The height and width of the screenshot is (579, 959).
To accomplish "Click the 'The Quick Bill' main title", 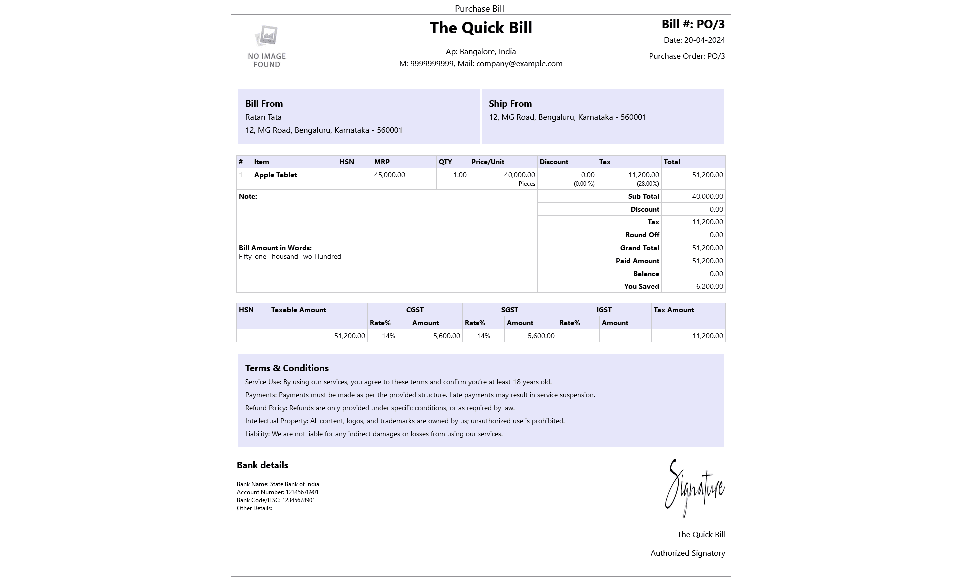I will pyautogui.click(x=480, y=28).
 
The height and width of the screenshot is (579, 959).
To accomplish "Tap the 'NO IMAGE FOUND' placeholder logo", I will pyautogui.click(x=267, y=47).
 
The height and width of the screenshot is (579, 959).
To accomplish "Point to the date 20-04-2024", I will pyautogui.click(x=704, y=40).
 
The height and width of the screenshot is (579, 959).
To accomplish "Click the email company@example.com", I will pyautogui.click(x=519, y=64).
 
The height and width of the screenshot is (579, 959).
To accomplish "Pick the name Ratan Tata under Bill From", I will pyautogui.click(x=263, y=117).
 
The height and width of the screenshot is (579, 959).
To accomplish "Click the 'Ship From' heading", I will pyautogui.click(x=510, y=104).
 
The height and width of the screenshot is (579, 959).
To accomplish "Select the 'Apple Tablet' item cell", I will pyautogui.click(x=275, y=175).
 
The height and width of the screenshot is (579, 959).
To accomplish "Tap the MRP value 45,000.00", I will pyautogui.click(x=389, y=175).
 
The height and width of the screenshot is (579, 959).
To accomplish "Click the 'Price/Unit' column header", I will pyautogui.click(x=487, y=162).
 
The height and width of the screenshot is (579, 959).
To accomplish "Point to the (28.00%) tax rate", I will pyautogui.click(x=648, y=184).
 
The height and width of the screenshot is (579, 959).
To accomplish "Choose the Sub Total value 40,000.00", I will pyautogui.click(x=707, y=197).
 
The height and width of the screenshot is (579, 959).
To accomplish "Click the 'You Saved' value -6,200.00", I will pyautogui.click(x=708, y=287).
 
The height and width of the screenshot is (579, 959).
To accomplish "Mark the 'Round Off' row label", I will pyautogui.click(x=642, y=235).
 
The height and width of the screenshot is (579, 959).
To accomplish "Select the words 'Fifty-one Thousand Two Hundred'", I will pyautogui.click(x=290, y=257).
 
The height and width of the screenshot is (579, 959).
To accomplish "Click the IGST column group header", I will pyautogui.click(x=604, y=310).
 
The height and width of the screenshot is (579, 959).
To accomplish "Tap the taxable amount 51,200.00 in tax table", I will pyautogui.click(x=349, y=336).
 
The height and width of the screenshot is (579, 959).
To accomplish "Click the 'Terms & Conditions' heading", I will pyautogui.click(x=287, y=368).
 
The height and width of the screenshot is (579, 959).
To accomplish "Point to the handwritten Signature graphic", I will pyautogui.click(x=694, y=488).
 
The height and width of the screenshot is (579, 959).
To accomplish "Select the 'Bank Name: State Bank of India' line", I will pyautogui.click(x=278, y=484).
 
